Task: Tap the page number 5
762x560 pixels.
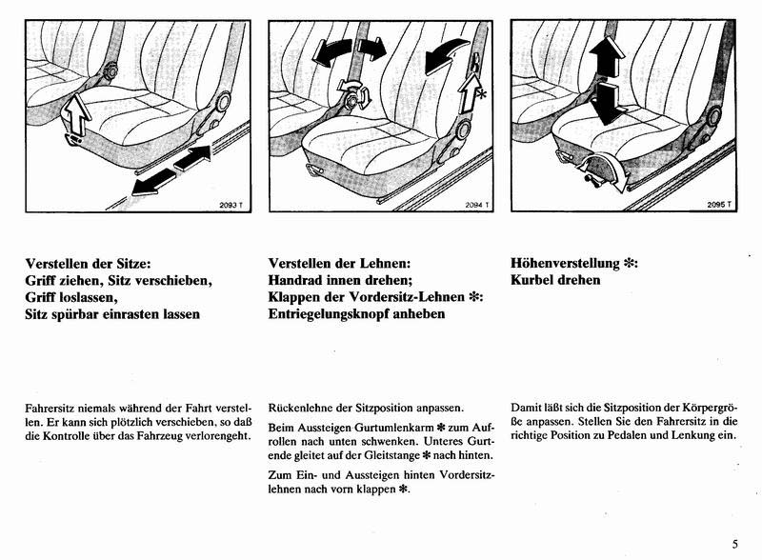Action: click(x=735, y=544)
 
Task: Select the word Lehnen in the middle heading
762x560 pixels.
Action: click(x=385, y=263)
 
